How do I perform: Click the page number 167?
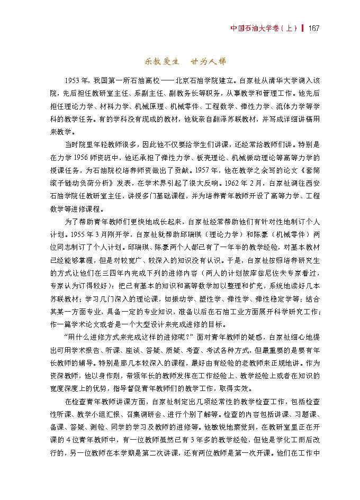(x=312, y=28)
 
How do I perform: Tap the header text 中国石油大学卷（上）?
(x=262, y=28)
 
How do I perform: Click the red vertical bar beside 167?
(x=302, y=28)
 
